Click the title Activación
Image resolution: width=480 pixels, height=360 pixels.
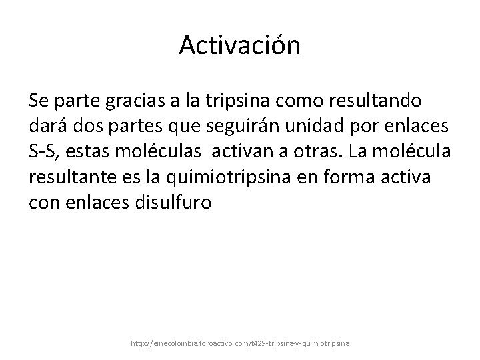240,45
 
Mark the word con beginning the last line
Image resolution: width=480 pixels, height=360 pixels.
44,202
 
